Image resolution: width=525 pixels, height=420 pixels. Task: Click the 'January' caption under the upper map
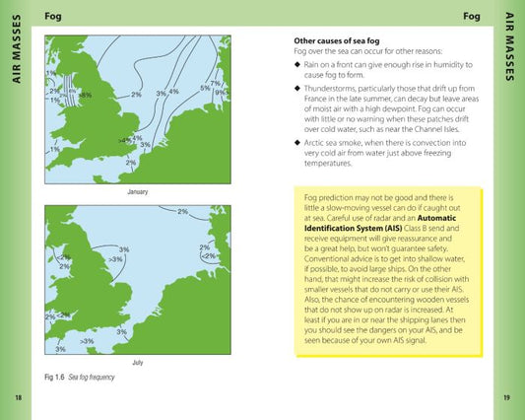point(138,191)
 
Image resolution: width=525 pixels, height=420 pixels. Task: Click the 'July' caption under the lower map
point(138,363)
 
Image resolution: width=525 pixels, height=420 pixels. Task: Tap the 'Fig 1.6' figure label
point(55,378)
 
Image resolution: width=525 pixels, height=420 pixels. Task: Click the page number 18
point(18,397)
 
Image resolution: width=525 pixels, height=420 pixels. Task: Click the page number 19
point(506,397)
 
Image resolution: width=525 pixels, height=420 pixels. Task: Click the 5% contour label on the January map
point(205,88)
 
